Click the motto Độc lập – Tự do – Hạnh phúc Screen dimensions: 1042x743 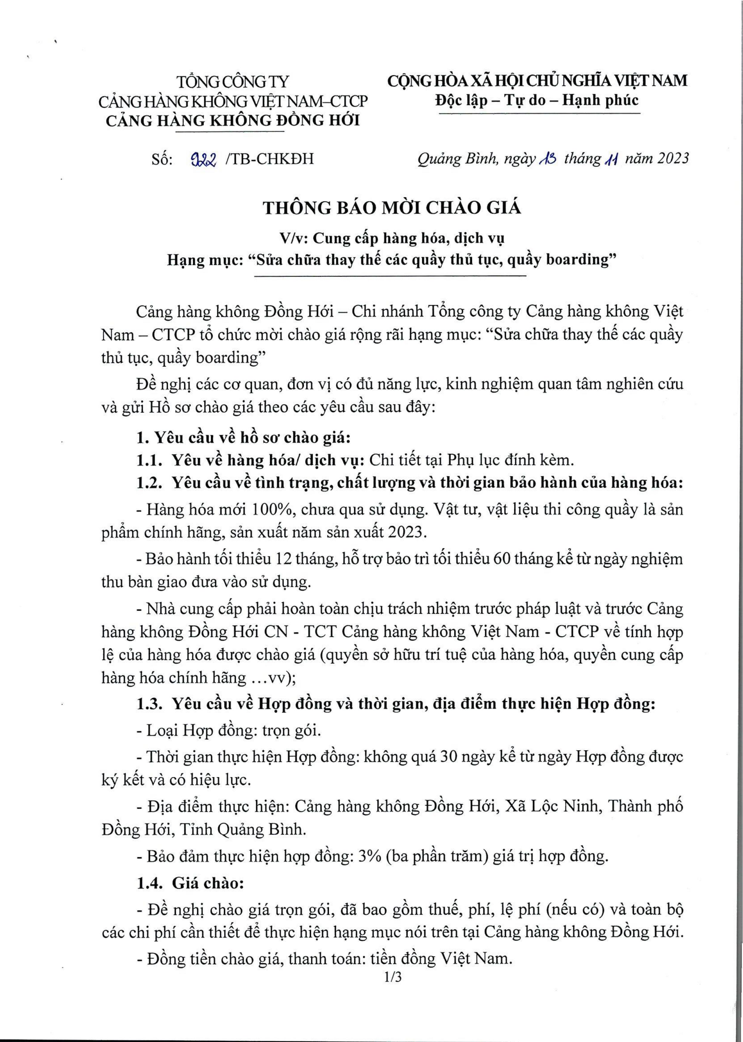pos(537,100)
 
